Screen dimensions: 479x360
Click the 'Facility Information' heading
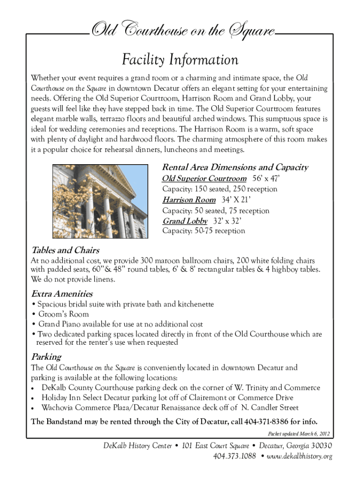[x=180, y=60]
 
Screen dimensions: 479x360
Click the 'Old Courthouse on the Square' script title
[x=182, y=32]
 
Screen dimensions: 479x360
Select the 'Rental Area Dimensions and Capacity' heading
[x=235, y=167]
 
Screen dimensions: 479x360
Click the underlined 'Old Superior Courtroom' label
[x=204, y=179]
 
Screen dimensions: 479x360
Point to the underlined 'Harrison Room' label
[x=189, y=200]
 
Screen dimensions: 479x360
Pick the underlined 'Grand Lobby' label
[x=185, y=221]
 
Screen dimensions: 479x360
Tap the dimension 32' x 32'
[x=227, y=221]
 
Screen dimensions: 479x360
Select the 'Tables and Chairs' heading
[x=65, y=250]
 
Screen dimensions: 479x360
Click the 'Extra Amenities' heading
[x=62, y=294]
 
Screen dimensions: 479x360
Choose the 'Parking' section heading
[x=46, y=357]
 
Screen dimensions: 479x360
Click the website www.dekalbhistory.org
[x=299, y=456]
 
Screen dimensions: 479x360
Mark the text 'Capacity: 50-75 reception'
[x=203, y=231]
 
